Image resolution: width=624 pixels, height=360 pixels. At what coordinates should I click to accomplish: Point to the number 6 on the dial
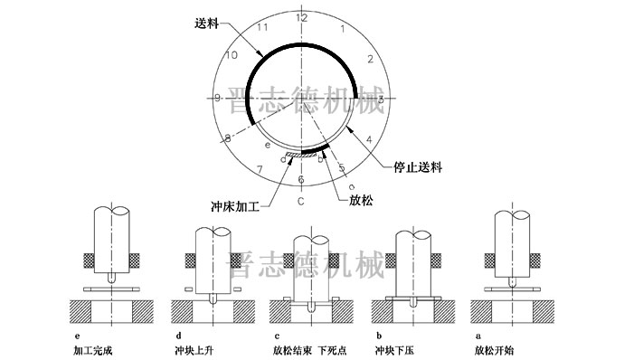(301, 179)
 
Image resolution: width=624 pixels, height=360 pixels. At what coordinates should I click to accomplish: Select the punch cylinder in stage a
(513, 237)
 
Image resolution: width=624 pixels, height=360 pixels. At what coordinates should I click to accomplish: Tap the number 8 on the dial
(228, 137)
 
